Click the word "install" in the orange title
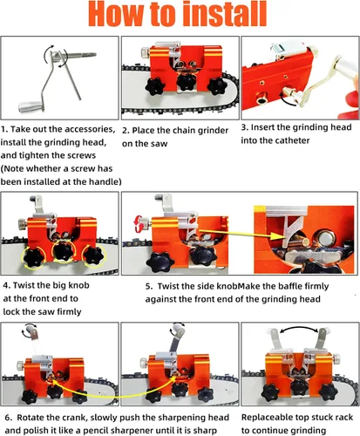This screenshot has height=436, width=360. click(x=226, y=14)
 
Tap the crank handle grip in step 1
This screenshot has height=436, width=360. click(x=31, y=106)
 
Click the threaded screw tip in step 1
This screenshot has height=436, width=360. click(x=87, y=54)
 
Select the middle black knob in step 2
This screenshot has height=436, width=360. click(x=187, y=81)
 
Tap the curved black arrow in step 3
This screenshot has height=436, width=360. click(x=288, y=99)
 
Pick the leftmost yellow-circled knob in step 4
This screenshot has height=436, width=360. click(x=34, y=257)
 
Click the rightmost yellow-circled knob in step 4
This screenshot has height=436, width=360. click(x=93, y=256)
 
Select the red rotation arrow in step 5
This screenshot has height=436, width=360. click(x=139, y=224)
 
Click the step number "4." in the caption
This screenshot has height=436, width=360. click(x=7, y=285)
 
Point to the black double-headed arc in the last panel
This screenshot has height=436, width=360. click(x=299, y=329)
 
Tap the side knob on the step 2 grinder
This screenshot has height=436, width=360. click(x=145, y=52)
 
